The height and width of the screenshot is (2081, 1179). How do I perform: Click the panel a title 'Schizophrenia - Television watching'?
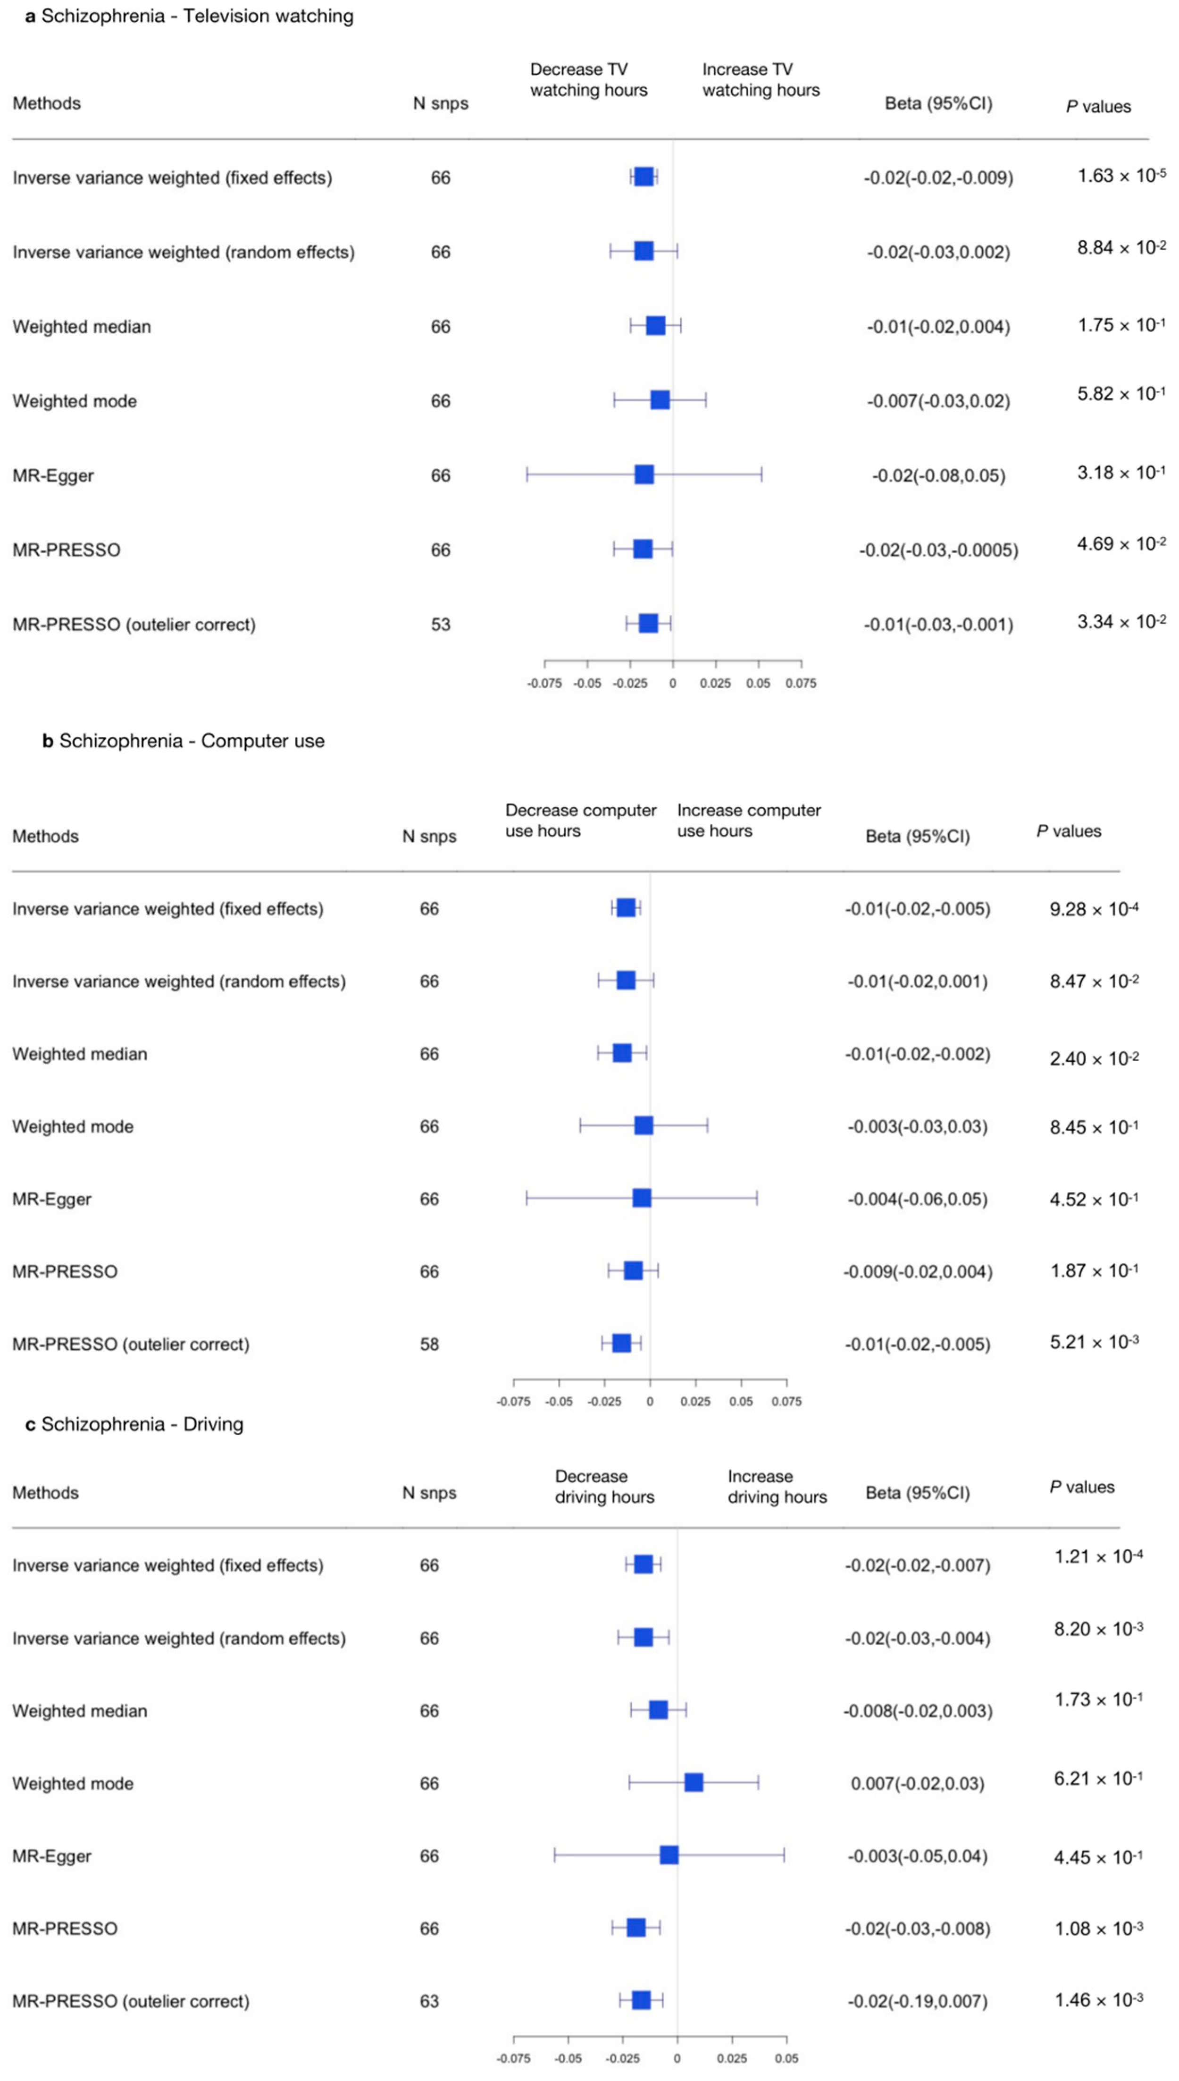coord(190,16)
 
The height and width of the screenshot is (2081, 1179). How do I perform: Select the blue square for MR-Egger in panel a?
coord(644,474)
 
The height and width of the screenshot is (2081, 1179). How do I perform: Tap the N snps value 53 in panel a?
coord(441,625)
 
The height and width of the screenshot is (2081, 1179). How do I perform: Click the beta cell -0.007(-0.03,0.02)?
coord(938,401)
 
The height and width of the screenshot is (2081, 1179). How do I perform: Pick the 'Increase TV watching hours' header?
coord(761,79)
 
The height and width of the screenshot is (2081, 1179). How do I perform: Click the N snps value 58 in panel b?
coord(429,1344)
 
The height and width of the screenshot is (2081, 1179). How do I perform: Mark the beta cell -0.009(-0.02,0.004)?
coord(918,1272)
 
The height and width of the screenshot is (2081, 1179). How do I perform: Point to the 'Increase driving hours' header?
coord(777,1487)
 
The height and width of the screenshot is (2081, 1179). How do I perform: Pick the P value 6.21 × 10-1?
coord(1098,1780)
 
